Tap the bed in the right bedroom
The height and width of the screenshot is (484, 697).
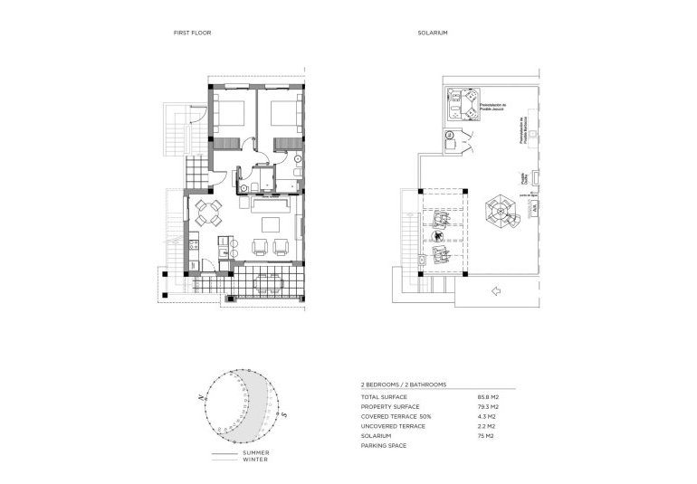tap(282, 117)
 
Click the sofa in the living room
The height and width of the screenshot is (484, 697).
tap(272, 223)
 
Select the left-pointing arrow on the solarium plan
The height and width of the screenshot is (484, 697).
tap(494, 290)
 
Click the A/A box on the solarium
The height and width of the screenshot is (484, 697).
tap(536, 207)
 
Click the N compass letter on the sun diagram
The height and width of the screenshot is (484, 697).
tap(199, 396)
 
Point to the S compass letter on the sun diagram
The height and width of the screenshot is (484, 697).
tap(282, 414)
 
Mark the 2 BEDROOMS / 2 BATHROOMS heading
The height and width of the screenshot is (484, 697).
tap(405, 384)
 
